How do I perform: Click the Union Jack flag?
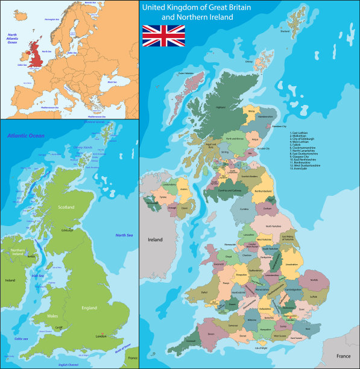coord(163,36)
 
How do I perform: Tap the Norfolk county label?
coord(314,279)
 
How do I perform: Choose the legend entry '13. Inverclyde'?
coord(298,168)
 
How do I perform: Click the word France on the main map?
coord(343,356)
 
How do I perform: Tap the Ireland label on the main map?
coord(155,239)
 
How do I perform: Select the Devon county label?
coord(210,333)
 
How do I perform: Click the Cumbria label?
coord(244,209)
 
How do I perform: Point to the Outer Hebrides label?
coord(185,74)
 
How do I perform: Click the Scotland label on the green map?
coord(66,207)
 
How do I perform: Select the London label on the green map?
coord(101,336)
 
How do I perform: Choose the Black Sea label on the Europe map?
coord(112,82)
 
